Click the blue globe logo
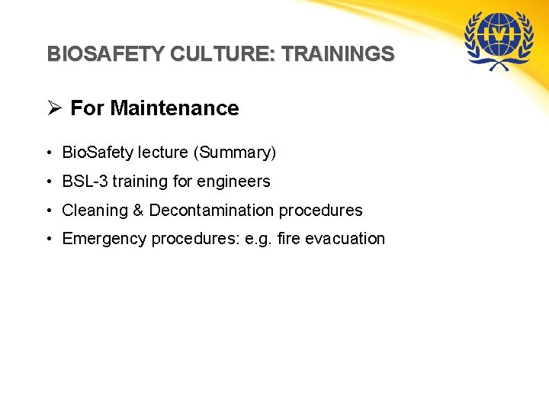click(x=500, y=40)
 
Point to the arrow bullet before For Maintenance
click(x=54, y=108)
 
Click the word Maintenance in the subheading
click(x=175, y=108)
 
